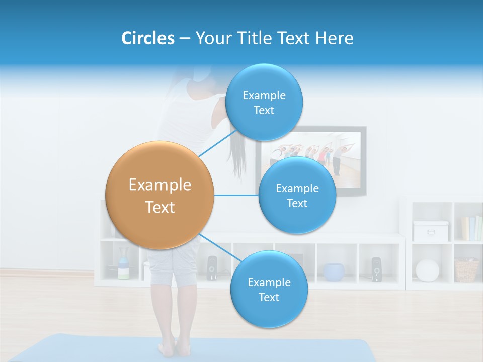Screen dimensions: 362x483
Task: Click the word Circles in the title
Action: pyautogui.click(x=147, y=38)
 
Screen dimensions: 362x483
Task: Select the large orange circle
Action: pyautogui.click(x=159, y=195)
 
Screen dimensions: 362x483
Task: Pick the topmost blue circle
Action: pyautogui.click(x=264, y=102)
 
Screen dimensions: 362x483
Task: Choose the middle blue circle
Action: pyautogui.click(x=297, y=195)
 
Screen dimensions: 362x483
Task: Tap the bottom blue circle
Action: pyautogui.click(x=269, y=289)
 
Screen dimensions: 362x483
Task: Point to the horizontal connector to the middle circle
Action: pyautogui.click(x=236, y=195)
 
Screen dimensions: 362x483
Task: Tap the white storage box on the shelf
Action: pyautogui.click(x=430, y=231)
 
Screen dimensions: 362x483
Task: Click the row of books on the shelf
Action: pyautogui.click(x=471, y=229)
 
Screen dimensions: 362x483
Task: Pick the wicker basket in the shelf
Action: pyautogui.click(x=466, y=270)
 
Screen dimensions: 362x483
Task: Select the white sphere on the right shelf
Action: pyautogui.click(x=427, y=270)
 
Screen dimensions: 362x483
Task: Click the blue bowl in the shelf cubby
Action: pyautogui.click(x=334, y=271)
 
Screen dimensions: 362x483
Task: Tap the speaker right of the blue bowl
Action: pyautogui.click(x=376, y=269)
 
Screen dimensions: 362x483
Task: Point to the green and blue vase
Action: pyautogui.click(x=123, y=266)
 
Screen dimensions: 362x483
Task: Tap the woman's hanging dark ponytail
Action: pyautogui.click(x=236, y=153)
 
